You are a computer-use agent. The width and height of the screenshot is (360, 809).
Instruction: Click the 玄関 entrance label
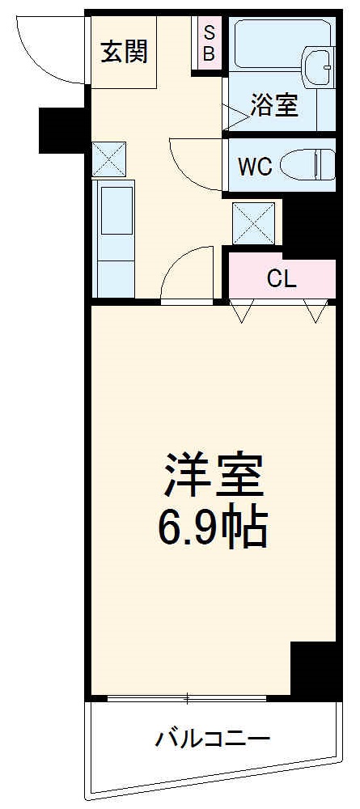click(x=124, y=53)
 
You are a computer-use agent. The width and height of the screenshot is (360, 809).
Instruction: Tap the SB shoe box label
click(x=209, y=45)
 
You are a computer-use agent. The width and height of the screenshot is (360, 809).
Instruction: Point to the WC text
click(x=254, y=166)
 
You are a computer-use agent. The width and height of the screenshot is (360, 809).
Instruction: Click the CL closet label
click(x=282, y=279)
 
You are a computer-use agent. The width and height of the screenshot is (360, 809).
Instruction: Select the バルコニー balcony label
click(x=212, y=738)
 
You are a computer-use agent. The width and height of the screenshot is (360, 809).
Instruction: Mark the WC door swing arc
click(x=194, y=166)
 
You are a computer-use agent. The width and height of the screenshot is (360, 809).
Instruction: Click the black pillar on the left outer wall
click(x=62, y=129)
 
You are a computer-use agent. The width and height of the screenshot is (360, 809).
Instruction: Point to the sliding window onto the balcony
click(x=186, y=697)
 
